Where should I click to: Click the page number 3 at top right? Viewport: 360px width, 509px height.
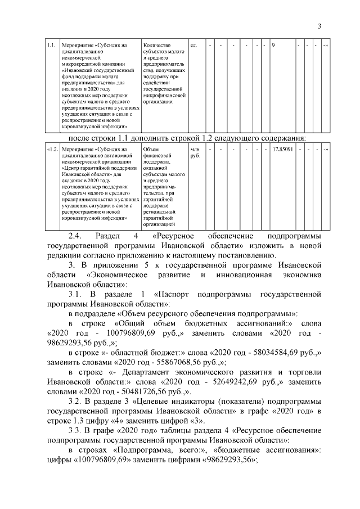(x=319, y=26)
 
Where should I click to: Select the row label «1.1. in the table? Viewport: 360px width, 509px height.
(x=51, y=44)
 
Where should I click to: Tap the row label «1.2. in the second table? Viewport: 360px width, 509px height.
(x=51, y=149)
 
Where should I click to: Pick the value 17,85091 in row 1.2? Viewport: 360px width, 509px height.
(x=283, y=149)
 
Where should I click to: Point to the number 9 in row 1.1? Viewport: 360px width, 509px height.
(x=273, y=44)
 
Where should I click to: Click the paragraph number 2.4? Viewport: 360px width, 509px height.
(x=75, y=235)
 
